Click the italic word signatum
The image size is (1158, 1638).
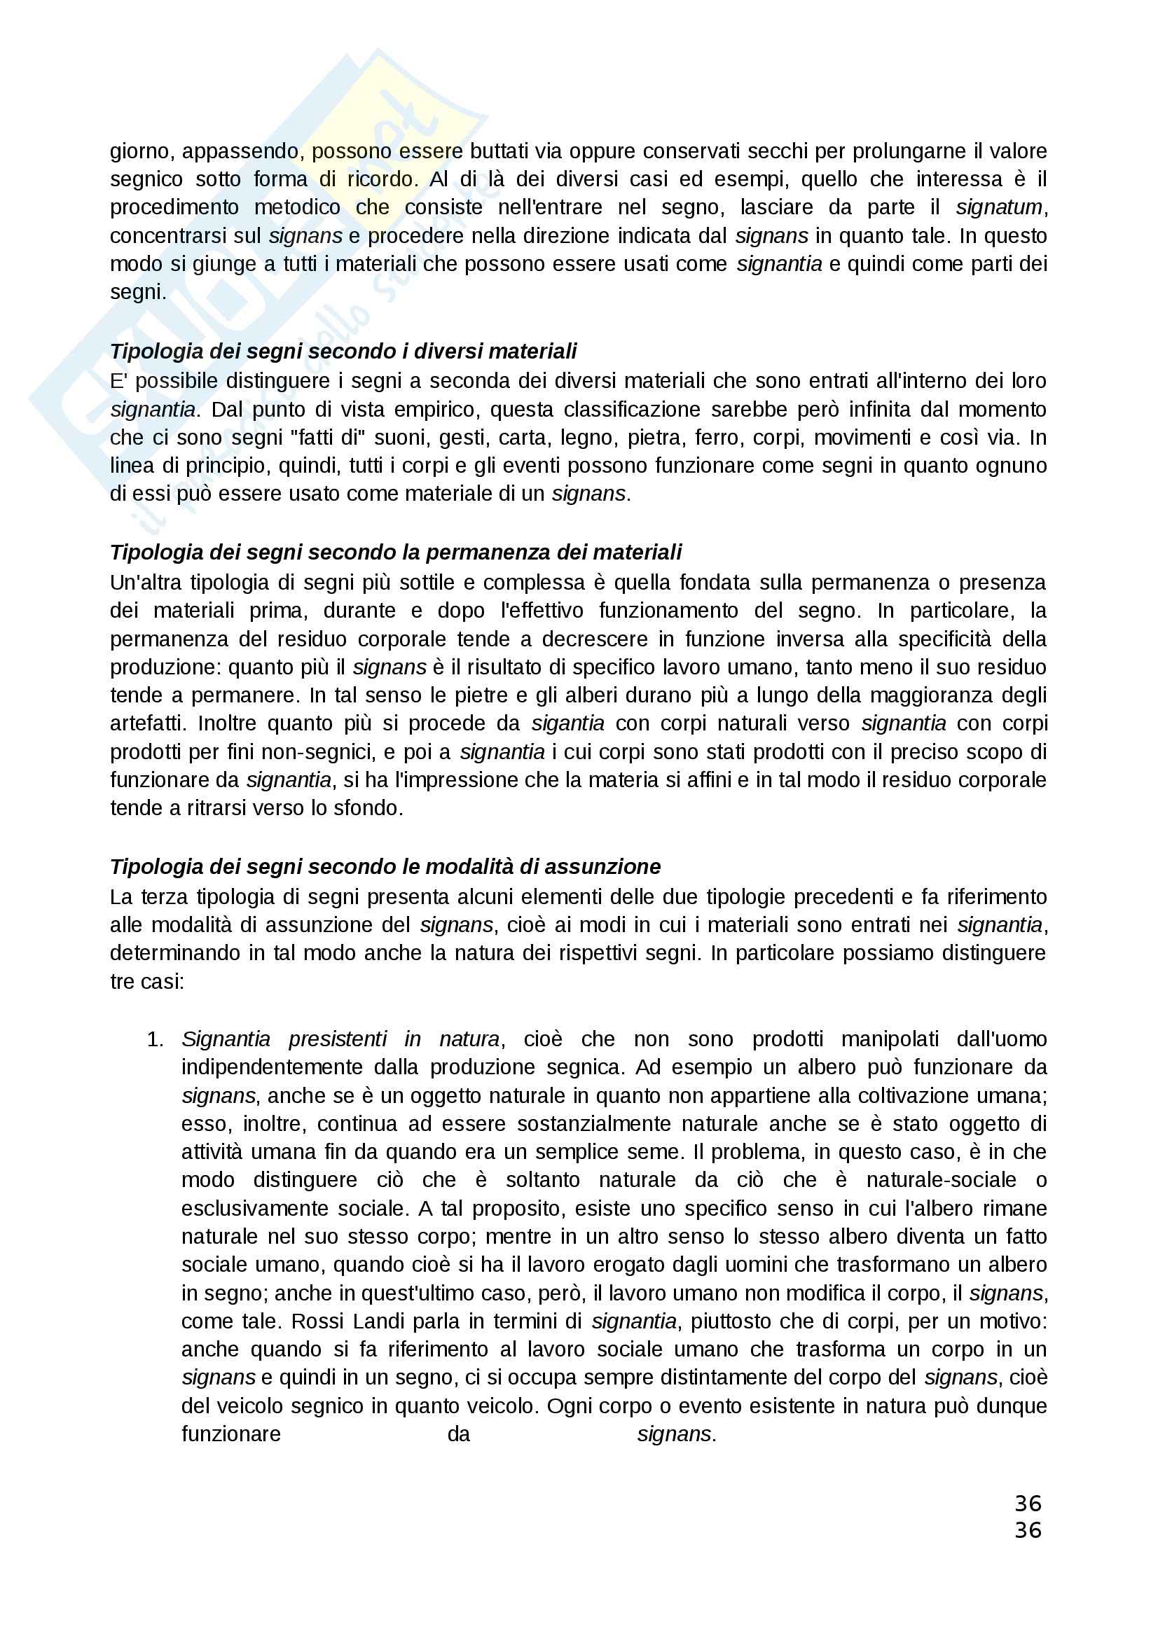999,207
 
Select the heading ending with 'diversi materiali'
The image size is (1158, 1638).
343,351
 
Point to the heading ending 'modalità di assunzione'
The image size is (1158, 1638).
385,867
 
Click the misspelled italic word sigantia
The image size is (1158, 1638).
568,723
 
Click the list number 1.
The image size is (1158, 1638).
155,1039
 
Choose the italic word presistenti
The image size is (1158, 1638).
338,1039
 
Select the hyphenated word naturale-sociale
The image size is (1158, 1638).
941,1180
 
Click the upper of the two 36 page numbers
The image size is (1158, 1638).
1028,1504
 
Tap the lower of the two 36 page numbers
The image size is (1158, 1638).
1028,1530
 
